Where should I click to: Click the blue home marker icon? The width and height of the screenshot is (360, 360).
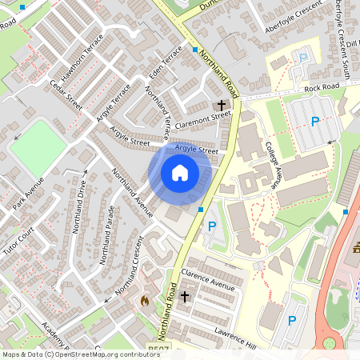180,172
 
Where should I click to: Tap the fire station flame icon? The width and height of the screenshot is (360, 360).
145,301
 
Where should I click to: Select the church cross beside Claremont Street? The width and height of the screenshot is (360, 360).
222,105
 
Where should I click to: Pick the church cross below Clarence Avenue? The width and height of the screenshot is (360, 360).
186,297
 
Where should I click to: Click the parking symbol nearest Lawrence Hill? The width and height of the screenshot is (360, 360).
292,321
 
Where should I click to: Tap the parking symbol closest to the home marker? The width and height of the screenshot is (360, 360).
212,226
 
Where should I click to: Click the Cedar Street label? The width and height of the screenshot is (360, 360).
66,94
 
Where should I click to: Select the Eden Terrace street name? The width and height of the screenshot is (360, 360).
166,65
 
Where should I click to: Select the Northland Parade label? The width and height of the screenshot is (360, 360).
106,238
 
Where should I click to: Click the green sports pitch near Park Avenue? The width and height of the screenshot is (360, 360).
37,144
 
